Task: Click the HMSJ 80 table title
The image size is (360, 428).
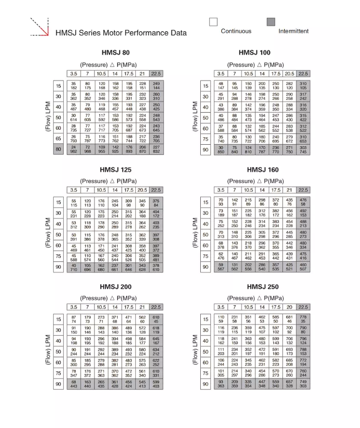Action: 115,53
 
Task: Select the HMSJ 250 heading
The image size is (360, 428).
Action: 262,287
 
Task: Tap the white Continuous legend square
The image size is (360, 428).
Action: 213,22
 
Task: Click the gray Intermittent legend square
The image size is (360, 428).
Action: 271,22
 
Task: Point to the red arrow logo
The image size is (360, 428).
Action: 39,27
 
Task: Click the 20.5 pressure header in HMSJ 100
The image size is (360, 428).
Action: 290,74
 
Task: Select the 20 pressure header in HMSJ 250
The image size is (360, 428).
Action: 290,307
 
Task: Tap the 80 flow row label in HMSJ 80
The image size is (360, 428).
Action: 58,149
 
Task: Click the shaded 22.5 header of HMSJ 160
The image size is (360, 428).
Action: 303,190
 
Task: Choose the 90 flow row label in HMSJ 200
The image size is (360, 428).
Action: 58,384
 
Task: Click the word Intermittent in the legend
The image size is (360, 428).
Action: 293,31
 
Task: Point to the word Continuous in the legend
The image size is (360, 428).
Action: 236,31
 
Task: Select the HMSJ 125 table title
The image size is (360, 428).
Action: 115,169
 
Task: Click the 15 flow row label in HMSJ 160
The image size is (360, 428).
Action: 205,202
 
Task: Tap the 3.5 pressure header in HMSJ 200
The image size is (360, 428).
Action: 74,307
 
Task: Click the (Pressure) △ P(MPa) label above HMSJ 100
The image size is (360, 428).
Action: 255,65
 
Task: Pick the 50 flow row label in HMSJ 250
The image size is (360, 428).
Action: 205,351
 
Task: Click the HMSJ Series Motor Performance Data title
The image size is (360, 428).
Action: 121,33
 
